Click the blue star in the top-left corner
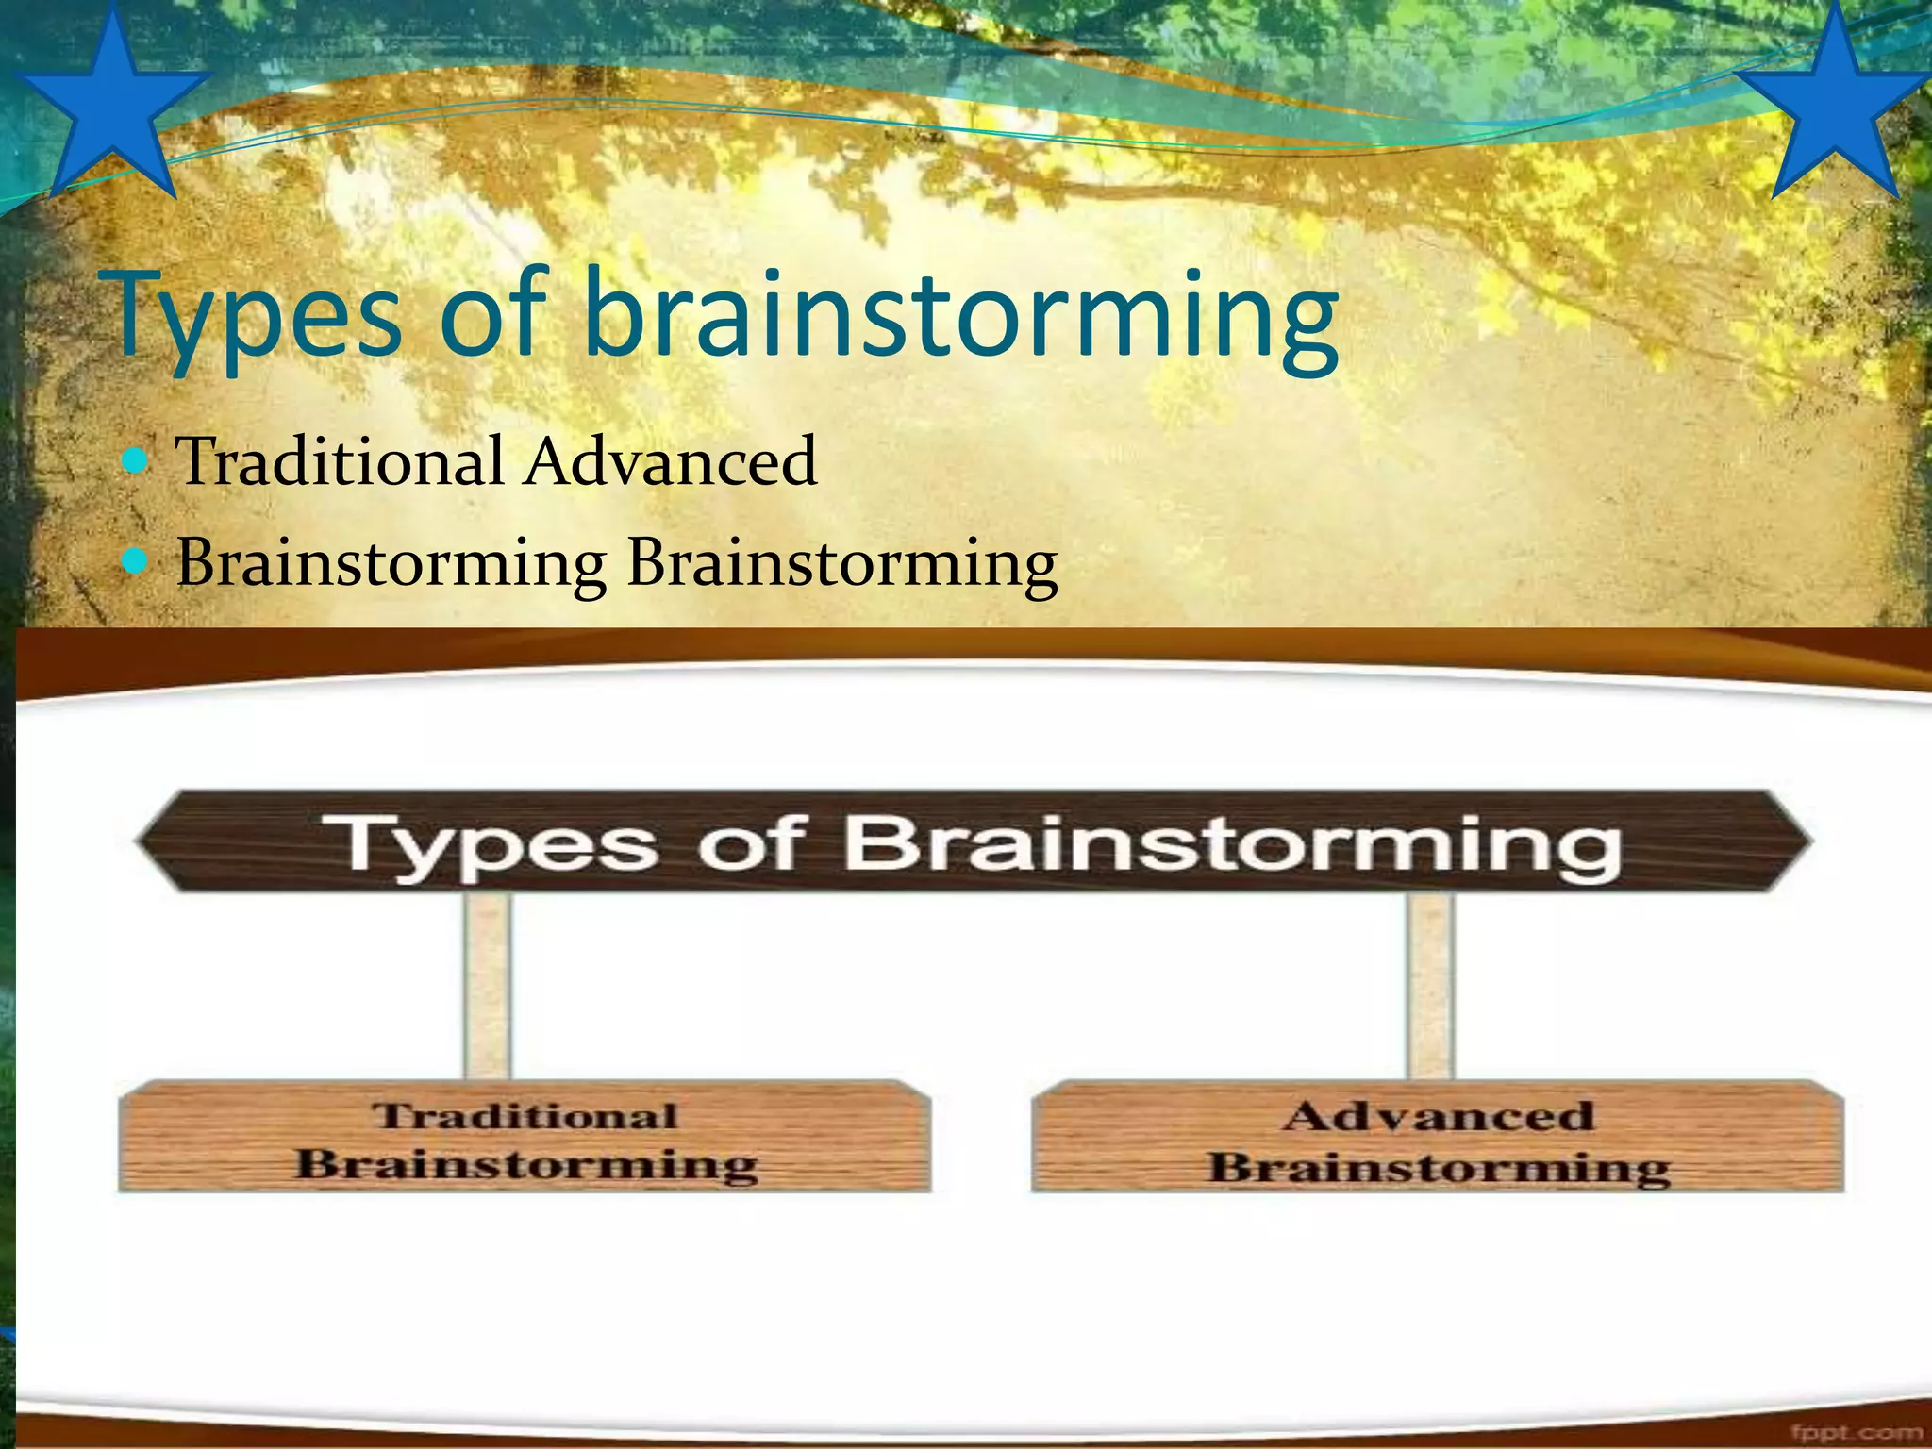[x=111, y=108]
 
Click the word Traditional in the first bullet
[x=341, y=461]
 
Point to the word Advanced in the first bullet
[x=671, y=461]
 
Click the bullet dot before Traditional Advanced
[x=137, y=461]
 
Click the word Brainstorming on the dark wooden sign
[x=1231, y=844]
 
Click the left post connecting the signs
[x=488, y=986]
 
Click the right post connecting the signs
[x=1430, y=986]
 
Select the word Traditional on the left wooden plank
[x=525, y=1116]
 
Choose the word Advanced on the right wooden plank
[x=1439, y=1116]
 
